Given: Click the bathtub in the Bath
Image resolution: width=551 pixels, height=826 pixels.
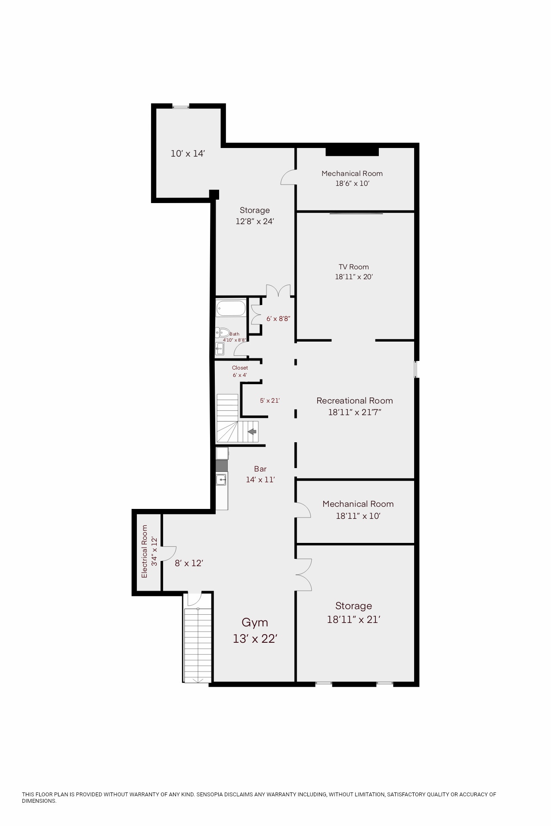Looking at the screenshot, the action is pos(231,308).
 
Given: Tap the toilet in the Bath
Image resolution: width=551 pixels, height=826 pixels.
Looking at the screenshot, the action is pos(223,333).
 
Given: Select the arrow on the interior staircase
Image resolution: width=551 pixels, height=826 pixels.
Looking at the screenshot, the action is pos(252,431).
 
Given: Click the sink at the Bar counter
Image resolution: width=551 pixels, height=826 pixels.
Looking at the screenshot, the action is pos(222,479).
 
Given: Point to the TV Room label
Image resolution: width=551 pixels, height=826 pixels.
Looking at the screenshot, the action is pos(354,267).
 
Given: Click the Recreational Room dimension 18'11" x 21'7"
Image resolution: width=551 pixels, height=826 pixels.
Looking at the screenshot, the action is pos(355,412).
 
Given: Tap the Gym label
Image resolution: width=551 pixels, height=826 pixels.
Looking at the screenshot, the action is pos(255,623).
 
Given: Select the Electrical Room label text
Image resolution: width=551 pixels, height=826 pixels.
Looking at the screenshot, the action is pos(145,552).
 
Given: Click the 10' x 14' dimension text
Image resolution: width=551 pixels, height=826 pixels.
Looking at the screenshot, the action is pos(187,154).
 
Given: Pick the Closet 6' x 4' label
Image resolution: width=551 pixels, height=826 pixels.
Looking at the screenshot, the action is pos(240,371).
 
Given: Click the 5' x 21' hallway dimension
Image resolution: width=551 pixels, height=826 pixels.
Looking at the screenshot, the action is pos(270,401).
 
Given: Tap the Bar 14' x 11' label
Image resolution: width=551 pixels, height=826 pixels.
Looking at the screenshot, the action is pos(260,474).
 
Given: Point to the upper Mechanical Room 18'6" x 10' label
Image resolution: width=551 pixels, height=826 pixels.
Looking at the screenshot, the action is pos(352,178).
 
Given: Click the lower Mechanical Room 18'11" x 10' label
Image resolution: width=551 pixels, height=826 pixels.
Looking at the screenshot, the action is pos(358,510).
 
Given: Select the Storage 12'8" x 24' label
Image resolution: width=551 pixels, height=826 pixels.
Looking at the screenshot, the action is pos(255,216).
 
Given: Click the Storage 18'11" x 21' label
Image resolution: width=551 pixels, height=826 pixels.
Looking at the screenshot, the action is pos(354,613).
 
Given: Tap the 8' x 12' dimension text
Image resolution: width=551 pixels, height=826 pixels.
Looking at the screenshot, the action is pos(189,563).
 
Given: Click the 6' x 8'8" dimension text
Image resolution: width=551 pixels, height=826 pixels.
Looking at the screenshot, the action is pos(279,319).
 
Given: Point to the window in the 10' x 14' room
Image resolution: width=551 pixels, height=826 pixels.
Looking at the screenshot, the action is pos(181,106).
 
